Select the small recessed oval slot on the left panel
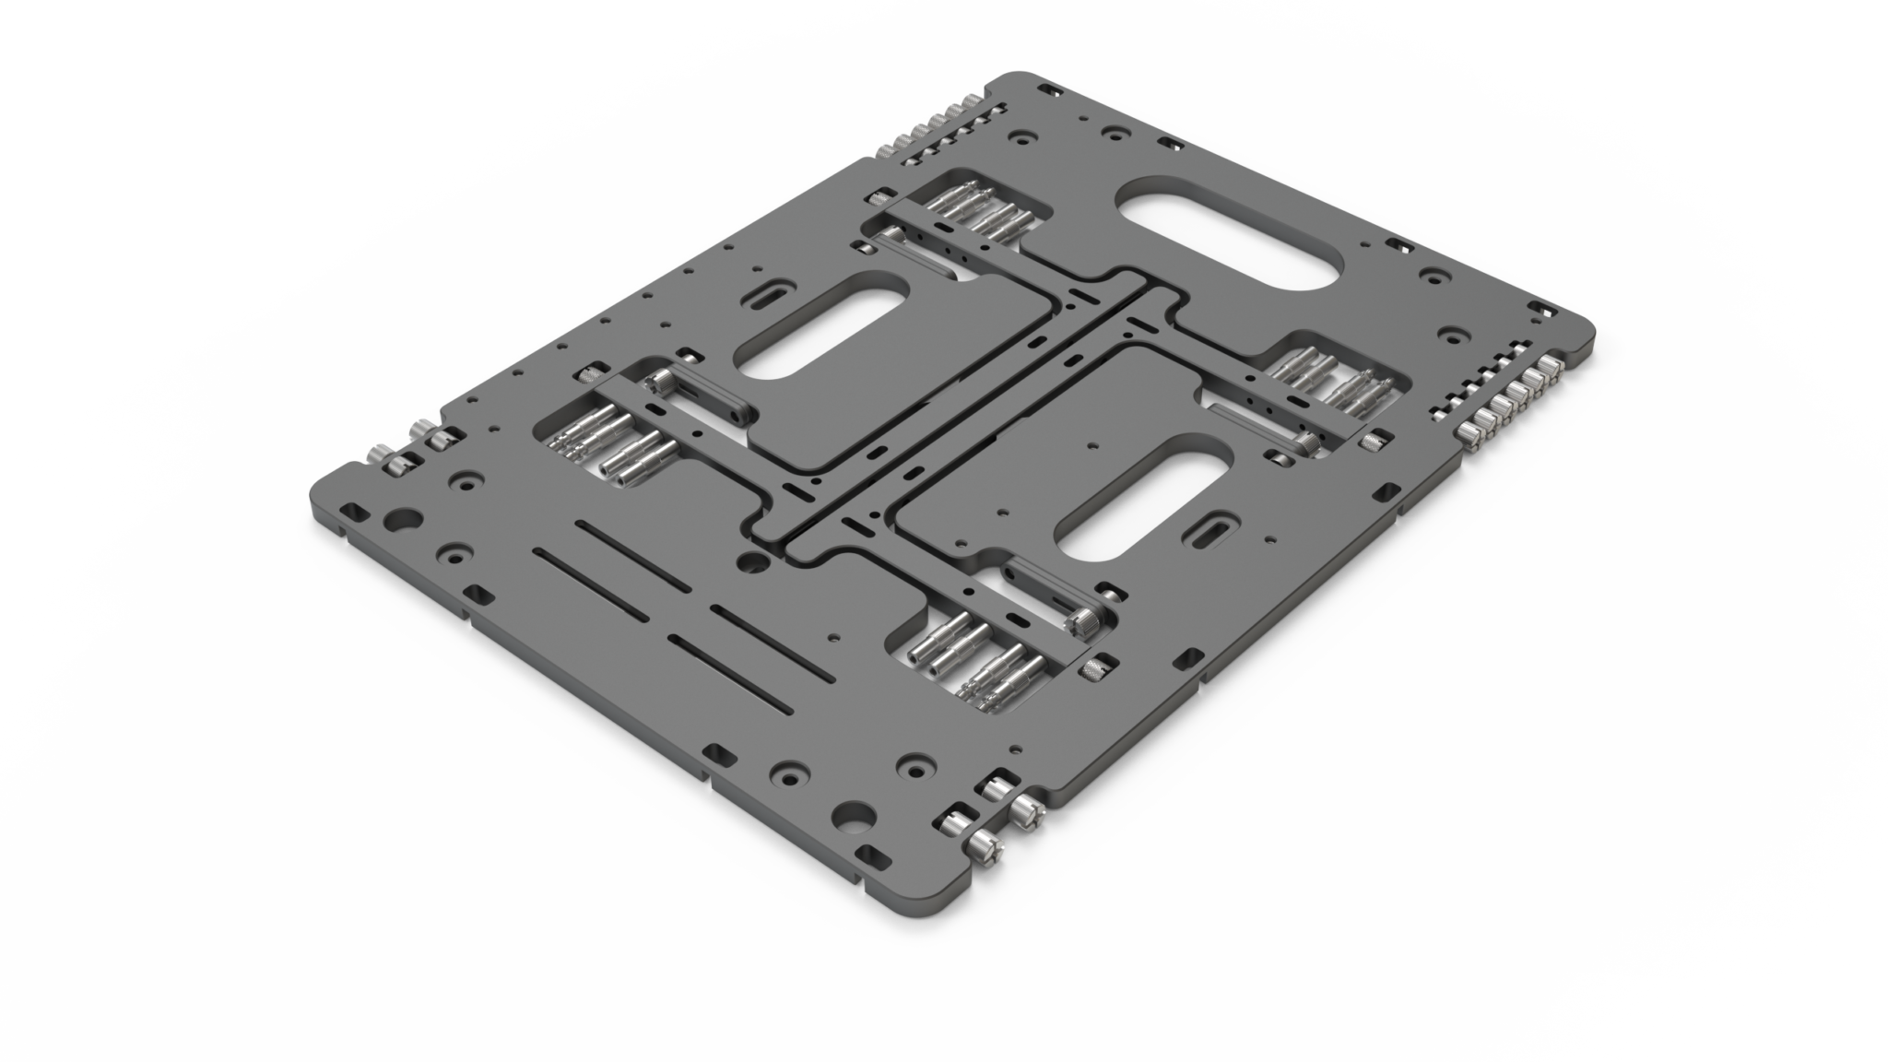pyautogui.click(x=765, y=297)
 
